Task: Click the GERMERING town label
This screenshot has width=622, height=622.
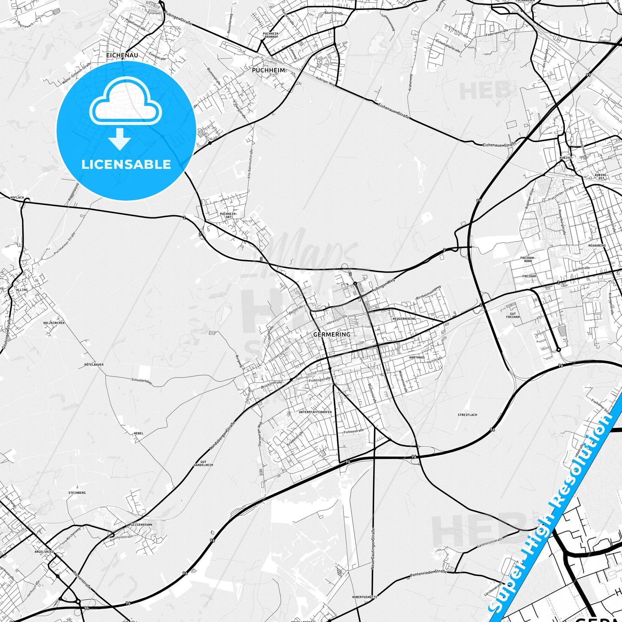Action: coord(331,334)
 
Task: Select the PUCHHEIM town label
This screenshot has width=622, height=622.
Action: coord(268,70)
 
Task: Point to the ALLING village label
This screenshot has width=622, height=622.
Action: coord(22,290)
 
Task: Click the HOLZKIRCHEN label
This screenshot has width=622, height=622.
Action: coord(54,322)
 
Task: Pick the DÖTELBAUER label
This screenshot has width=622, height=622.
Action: coord(94,364)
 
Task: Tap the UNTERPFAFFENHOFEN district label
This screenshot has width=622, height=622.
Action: coord(315,412)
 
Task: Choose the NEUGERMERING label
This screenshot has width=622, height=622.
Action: coord(404,319)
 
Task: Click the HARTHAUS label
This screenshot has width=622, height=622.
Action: coord(417,357)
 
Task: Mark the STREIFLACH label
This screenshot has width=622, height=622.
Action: coord(467,415)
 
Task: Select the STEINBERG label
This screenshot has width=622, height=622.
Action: coord(77,492)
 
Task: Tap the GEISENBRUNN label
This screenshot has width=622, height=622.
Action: coord(141,525)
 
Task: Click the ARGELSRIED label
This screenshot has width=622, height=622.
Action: coord(44,551)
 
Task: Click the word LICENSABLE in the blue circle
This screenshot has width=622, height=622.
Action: coord(126,164)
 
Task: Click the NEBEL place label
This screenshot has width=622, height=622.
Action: coord(139,433)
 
